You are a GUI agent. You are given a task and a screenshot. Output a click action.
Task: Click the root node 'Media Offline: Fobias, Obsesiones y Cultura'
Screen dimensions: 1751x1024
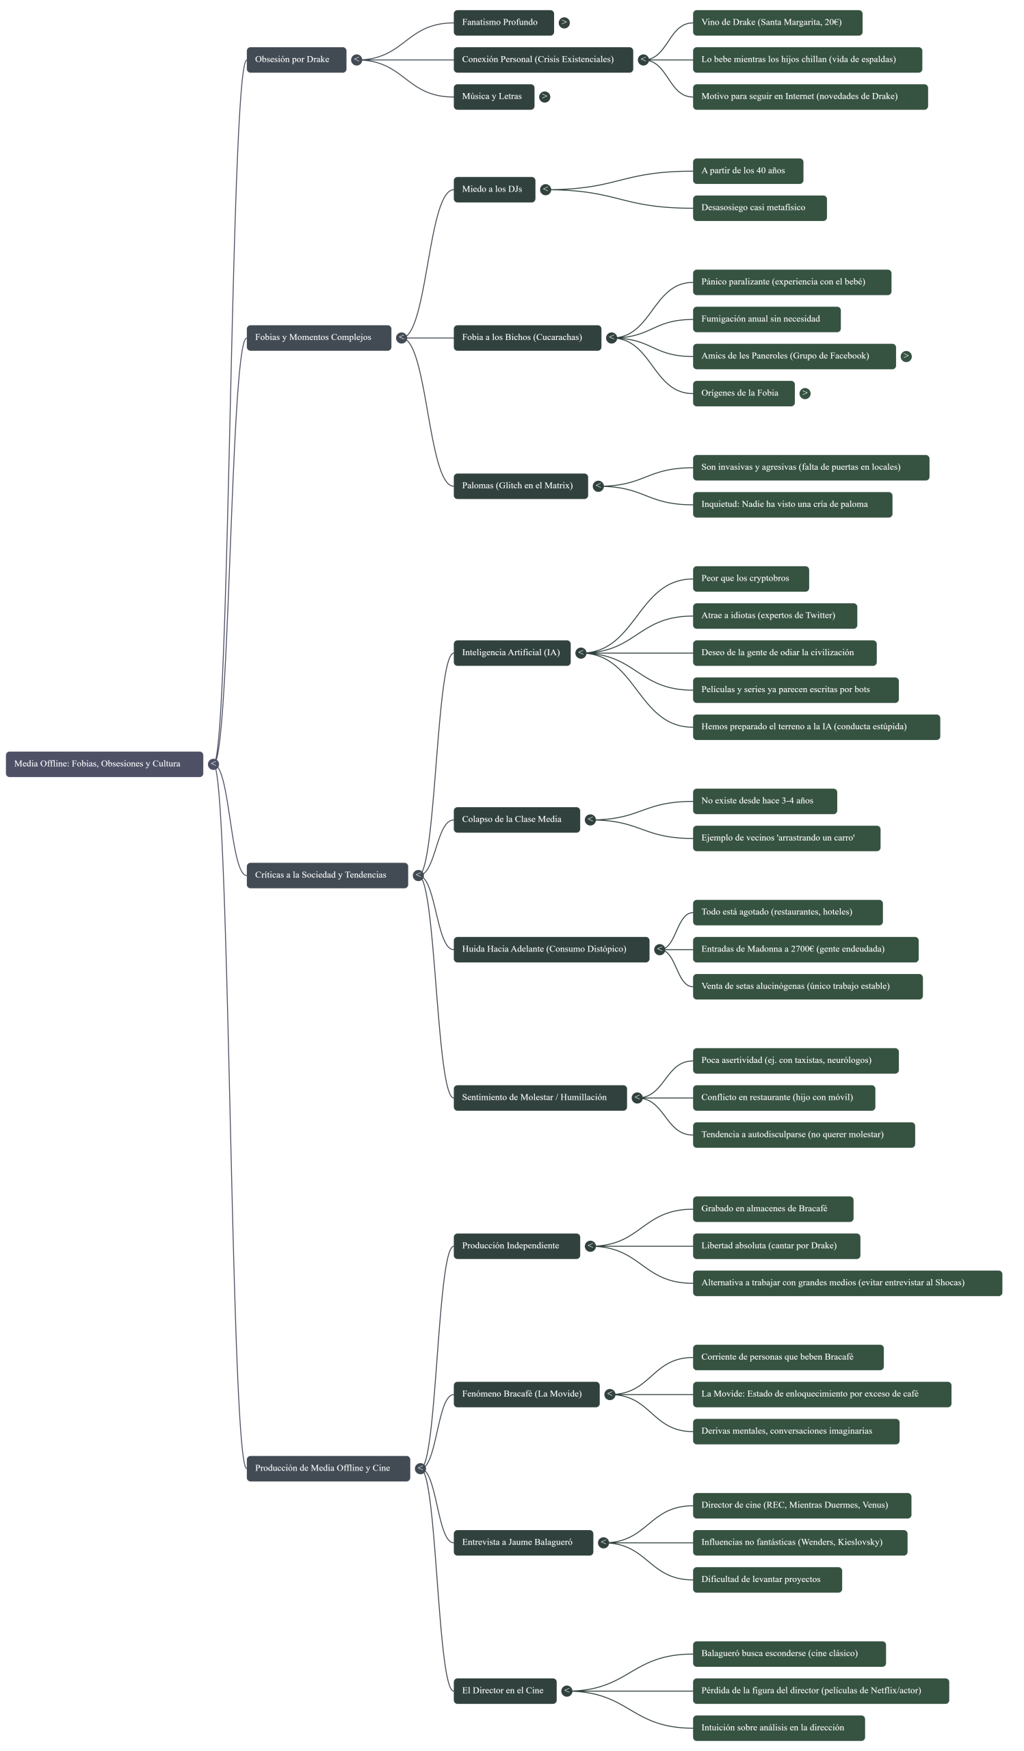pyautogui.click(x=104, y=763)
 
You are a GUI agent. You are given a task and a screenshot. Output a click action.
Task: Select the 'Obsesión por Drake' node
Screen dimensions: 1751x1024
pyautogui.click(x=296, y=60)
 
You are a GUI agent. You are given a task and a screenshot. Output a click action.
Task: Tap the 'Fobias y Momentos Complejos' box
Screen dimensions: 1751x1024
pyautogui.click(x=318, y=338)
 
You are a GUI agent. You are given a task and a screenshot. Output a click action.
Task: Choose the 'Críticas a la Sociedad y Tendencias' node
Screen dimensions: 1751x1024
pyautogui.click(x=326, y=875)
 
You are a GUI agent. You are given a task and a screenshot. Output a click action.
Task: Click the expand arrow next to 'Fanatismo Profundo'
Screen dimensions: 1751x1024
pyautogui.click(x=564, y=23)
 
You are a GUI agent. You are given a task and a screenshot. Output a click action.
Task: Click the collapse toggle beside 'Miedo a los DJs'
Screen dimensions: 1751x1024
pyautogui.click(x=545, y=189)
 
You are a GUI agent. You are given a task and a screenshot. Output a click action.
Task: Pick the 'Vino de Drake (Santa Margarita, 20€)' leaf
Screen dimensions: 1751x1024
pyautogui.click(x=776, y=23)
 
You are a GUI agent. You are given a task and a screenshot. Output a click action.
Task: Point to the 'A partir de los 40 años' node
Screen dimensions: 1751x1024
pyautogui.click(x=748, y=171)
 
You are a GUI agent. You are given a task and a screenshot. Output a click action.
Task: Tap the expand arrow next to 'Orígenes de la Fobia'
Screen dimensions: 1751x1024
pyautogui.click(x=804, y=393)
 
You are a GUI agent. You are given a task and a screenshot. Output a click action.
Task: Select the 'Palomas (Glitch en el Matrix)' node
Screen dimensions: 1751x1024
pyautogui.click(x=520, y=486)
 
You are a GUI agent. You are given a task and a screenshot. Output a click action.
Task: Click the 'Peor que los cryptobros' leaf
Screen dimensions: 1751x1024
pyautogui.click(x=750, y=579)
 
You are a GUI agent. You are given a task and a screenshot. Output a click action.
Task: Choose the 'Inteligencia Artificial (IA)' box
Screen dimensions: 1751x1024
pyautogui.click(x=511, y=653)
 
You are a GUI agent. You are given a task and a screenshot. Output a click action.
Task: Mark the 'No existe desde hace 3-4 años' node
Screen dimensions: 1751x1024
pyautogui.click(x=764, y=801)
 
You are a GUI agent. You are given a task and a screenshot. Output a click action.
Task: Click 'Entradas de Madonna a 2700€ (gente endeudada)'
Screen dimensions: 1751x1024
pyautogui.click(x=805, y=949)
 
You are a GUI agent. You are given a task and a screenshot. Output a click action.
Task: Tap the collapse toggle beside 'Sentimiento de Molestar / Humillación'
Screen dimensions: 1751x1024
pyautogui.click(x=637, y=1098)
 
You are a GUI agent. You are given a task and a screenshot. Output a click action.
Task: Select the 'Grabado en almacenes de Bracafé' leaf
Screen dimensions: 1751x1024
pyautogui.click(x=772, y=1209)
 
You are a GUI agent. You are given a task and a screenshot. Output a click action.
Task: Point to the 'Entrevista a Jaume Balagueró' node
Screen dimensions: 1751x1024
pyautogui.click(x=523, y=1542)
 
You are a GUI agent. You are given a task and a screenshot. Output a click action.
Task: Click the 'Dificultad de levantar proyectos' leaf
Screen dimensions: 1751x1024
pyautogui.click(x=767, y=1579)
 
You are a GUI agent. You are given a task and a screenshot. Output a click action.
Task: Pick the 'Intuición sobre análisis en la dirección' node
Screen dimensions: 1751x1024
pyautogui.click(x=778, y=1728)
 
